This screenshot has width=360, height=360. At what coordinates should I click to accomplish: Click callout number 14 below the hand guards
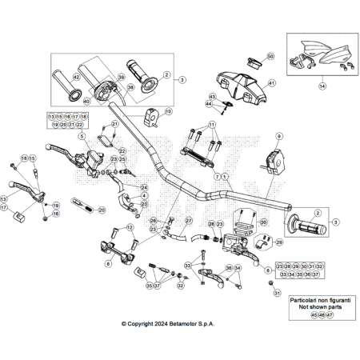(x=322, y=84)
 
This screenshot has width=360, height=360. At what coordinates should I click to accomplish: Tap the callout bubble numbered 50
(x=270, y=57)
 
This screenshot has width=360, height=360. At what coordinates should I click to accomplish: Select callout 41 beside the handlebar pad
(x=271, y=83)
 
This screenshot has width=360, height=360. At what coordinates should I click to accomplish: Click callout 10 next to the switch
(x=168, y=112)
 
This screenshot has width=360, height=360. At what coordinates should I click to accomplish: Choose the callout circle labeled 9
(x=278, y=137)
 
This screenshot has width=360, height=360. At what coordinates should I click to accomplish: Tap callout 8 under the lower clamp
(x=107, y=262)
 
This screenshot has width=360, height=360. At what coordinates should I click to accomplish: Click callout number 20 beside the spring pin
(x=101, y=210)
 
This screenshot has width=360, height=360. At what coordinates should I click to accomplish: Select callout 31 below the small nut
(x=276, y=294)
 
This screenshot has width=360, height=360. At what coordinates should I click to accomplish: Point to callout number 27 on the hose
(x=189, y=221)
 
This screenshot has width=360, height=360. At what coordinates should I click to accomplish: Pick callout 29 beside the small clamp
(x=278, y=242)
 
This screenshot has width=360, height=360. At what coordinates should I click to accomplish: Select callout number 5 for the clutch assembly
(x=82, y=136)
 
